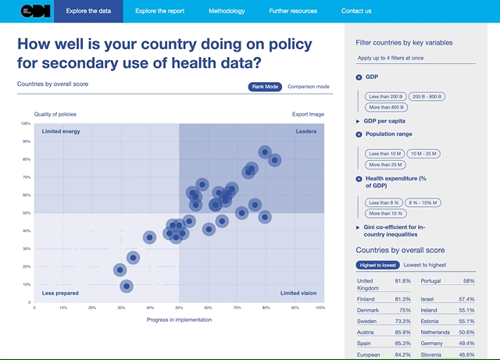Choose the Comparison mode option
tap(308, 87)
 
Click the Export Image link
tap(308, 114)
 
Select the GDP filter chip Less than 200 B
tap(384, 96)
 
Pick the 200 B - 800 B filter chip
tap(426, 96)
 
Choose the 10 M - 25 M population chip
tap(426, 153)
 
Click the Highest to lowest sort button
tap(377, 266)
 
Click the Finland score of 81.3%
tap(403, 299)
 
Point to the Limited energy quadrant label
tap(61, 131)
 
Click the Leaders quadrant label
tap(305, 131)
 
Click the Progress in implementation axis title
tap(178, 319)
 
